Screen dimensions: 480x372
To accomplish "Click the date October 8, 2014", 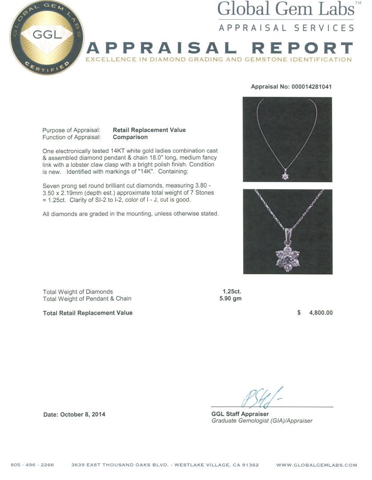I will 74,414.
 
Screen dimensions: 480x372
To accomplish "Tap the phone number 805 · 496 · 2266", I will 32,465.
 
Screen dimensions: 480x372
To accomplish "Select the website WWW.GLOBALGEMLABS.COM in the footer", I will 316,465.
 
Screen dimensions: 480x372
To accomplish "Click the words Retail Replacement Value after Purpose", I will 149,130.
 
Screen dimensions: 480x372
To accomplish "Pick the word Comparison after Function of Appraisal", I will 130,137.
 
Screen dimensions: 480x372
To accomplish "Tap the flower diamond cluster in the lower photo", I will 287,258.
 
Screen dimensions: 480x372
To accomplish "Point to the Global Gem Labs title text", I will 286,9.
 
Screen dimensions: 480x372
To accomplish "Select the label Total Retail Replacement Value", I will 88,313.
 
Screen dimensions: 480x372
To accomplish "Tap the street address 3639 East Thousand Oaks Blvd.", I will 120,465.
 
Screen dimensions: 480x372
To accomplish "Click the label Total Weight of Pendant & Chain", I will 87,298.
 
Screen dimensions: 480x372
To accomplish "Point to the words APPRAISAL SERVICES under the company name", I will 286,28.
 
